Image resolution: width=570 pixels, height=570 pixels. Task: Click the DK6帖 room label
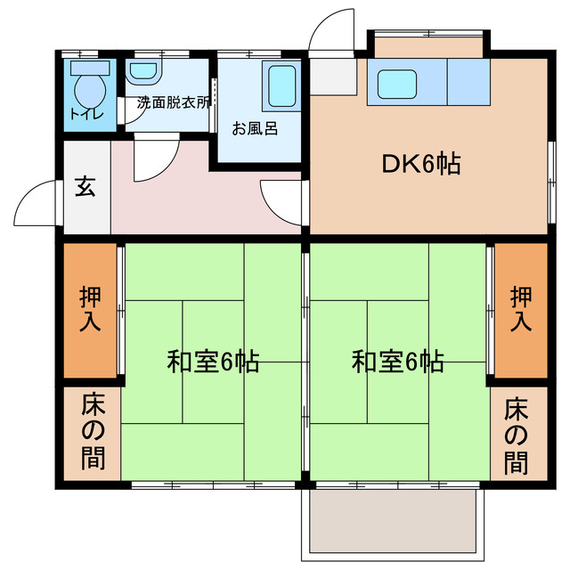(x=421, y=164)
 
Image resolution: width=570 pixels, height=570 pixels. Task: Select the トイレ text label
(x=86, y=114)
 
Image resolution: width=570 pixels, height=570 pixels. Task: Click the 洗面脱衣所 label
(x=174, y=102)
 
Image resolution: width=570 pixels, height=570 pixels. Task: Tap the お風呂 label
(x=255, y=128)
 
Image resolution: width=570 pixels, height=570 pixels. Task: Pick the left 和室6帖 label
(x=213, y=362)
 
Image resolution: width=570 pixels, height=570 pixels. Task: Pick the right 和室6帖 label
(x=397, y=362)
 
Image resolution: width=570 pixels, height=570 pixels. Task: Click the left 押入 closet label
(x=90, y=310)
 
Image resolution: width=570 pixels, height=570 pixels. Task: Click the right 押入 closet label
(x=521, y=310)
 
